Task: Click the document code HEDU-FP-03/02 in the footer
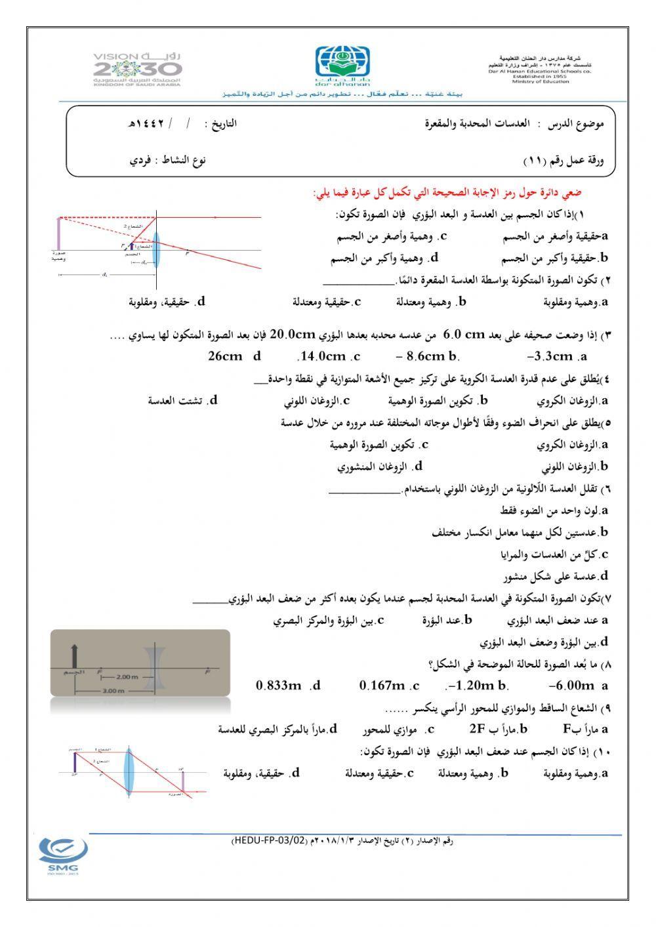pyautogui.click(x=269, y=840)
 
